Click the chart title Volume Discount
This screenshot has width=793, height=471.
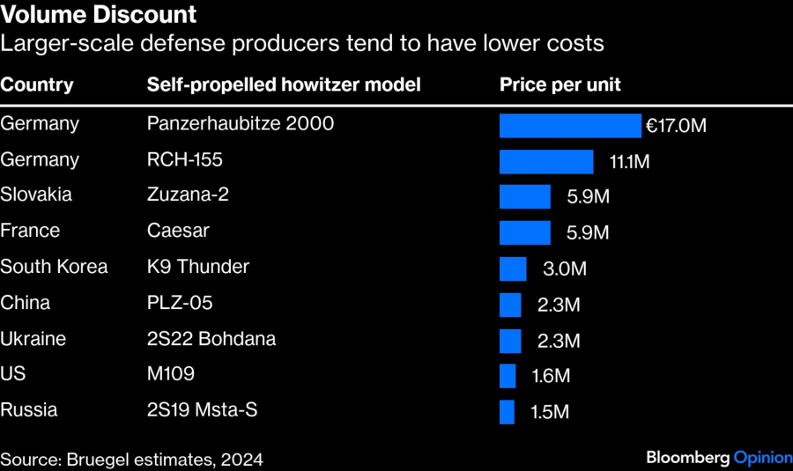(x=99, y=15)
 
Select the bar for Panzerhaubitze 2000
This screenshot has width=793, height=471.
(x=570, y=125)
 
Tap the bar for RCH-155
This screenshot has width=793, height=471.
(x=546, y=161)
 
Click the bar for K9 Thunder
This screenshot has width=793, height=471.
(x=513, y=269)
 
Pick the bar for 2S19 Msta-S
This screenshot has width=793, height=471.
(x=507, y=411)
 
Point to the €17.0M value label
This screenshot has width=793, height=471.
(x=676, y=125)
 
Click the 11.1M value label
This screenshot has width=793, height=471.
(x=629, y=161)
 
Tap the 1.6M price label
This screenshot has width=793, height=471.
(x=551, y=376)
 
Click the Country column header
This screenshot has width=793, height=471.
(x=37, y=85)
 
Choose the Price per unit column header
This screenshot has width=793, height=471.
(x=560, y=85)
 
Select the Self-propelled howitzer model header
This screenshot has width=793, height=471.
(x=284, y=85)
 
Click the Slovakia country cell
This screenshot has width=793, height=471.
(x=36, y=195)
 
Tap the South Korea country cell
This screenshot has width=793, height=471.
(x=54, y=266)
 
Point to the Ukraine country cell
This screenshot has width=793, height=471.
(x=33, y=338)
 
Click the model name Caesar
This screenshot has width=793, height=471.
(x=178, y=231)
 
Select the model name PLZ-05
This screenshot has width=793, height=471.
(x=180, y=303)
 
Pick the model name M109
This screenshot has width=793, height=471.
(x=171, y=374)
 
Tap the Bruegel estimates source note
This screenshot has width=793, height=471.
(x=131, y=459)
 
